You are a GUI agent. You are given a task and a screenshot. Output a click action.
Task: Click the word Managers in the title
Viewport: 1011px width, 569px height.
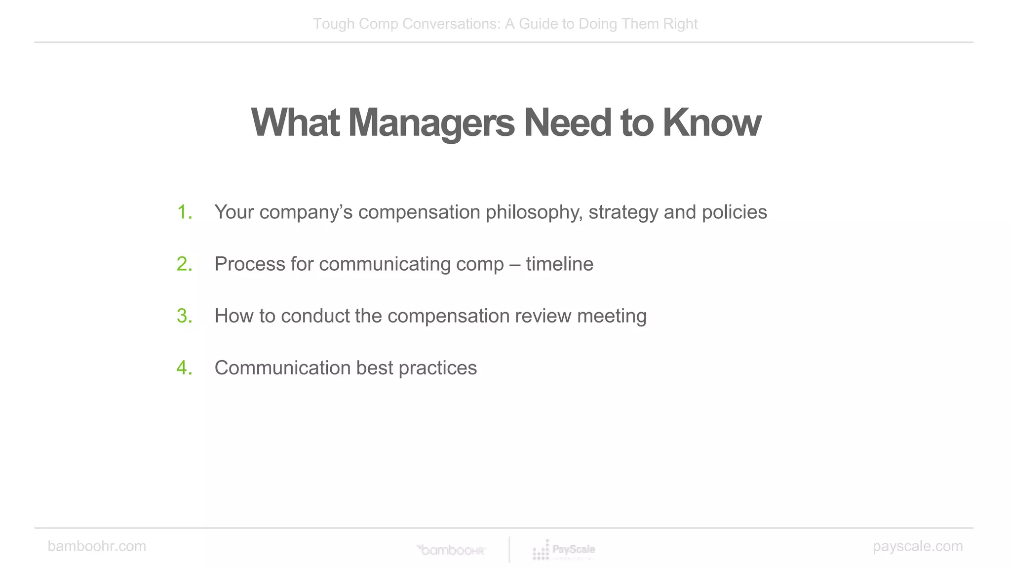pos(431,123)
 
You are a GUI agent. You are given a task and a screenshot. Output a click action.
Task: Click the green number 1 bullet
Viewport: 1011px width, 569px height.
pos(185,212)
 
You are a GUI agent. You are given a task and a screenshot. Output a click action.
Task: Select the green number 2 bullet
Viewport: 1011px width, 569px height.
pos(185,264)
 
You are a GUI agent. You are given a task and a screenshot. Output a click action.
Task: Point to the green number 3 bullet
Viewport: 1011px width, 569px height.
pos(185,316)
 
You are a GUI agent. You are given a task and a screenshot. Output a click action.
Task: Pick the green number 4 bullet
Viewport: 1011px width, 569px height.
pos(185,368)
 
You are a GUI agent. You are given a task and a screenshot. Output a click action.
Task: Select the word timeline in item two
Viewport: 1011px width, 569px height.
pos(559,264)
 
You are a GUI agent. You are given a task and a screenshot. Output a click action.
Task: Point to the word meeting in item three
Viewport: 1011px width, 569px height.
pos(612,317)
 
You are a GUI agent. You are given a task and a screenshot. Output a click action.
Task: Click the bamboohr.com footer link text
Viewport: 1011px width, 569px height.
pos(97,546)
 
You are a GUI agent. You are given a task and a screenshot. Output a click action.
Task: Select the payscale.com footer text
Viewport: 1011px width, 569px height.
pos(917,546)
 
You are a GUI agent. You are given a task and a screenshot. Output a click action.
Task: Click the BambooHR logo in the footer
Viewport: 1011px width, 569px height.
pos(452,550)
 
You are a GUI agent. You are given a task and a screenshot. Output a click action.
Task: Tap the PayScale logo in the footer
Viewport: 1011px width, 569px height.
pos(564,550)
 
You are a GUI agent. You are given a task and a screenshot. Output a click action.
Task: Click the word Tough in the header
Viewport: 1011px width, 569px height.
pos(334,24)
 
